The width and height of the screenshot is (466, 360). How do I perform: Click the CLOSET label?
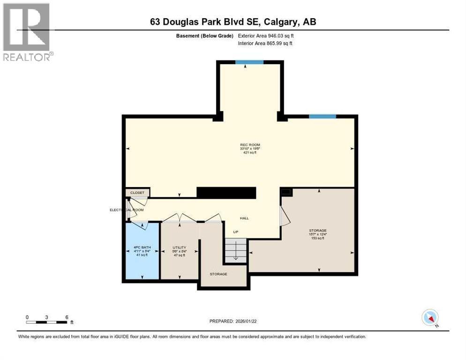point(137,193)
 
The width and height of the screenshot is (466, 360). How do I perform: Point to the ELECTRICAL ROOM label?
point(127,210)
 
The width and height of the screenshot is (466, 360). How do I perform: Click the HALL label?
point(244,218)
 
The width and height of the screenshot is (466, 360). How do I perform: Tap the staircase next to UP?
point(234,250)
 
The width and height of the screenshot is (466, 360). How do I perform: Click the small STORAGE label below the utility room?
point(218,274)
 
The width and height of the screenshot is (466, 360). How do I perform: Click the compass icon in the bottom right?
point(430,317)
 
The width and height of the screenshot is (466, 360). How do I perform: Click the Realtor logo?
point(26,32)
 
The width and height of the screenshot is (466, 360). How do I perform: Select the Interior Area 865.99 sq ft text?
point(265,44)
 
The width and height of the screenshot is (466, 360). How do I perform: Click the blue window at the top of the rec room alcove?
point(249,62)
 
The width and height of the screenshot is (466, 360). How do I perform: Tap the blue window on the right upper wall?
point(322,116)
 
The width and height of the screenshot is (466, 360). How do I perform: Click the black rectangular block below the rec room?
point(226,193)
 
